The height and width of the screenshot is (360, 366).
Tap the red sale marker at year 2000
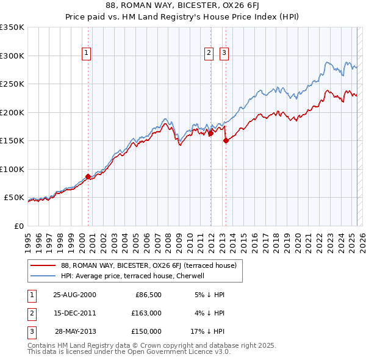click(x=88, y=177)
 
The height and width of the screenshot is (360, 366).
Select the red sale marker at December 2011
click(x=210, y=134)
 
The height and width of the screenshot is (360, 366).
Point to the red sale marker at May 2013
click(x=226, y=141)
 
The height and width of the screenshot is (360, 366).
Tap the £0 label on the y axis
click(x=18, y=226)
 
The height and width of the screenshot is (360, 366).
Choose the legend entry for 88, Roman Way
click(x=152, y=265)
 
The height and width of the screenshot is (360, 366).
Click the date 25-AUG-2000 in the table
click(x=74, y=295)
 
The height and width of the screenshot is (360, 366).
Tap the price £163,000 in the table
click(x=146, y=313)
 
